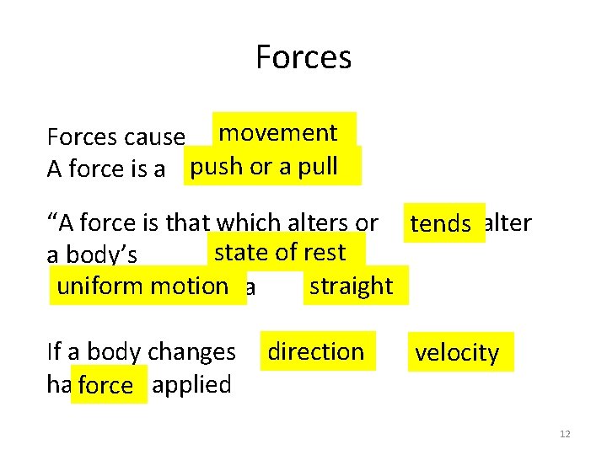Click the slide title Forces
303,57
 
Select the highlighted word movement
277,133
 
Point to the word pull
318,166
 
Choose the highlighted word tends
440,224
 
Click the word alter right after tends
510,222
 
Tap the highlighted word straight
351,286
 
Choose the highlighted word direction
315,351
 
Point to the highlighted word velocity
457,353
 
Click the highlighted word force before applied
105,386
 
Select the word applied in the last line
193,385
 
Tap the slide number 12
565,434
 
